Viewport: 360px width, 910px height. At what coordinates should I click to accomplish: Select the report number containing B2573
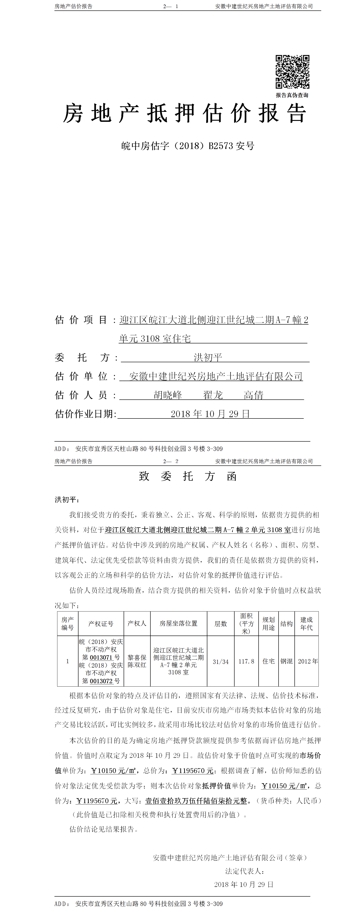tap(188, 146)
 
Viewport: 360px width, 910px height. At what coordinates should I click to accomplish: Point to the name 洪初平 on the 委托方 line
tap(208, 357)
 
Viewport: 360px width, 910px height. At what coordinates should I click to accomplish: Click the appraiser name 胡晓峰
tap(168, 395)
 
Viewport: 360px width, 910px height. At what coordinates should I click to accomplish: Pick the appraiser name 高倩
tap(253, 395)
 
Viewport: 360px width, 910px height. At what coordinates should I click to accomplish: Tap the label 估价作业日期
tap(85, 414)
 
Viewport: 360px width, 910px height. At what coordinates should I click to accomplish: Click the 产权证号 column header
tap(101, 624)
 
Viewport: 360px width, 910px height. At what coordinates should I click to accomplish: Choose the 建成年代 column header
tap(306, 624)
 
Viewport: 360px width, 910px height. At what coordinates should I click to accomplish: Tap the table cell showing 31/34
tap(220, 662)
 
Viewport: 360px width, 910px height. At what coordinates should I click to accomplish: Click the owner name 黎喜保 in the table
tap(137, 657)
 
